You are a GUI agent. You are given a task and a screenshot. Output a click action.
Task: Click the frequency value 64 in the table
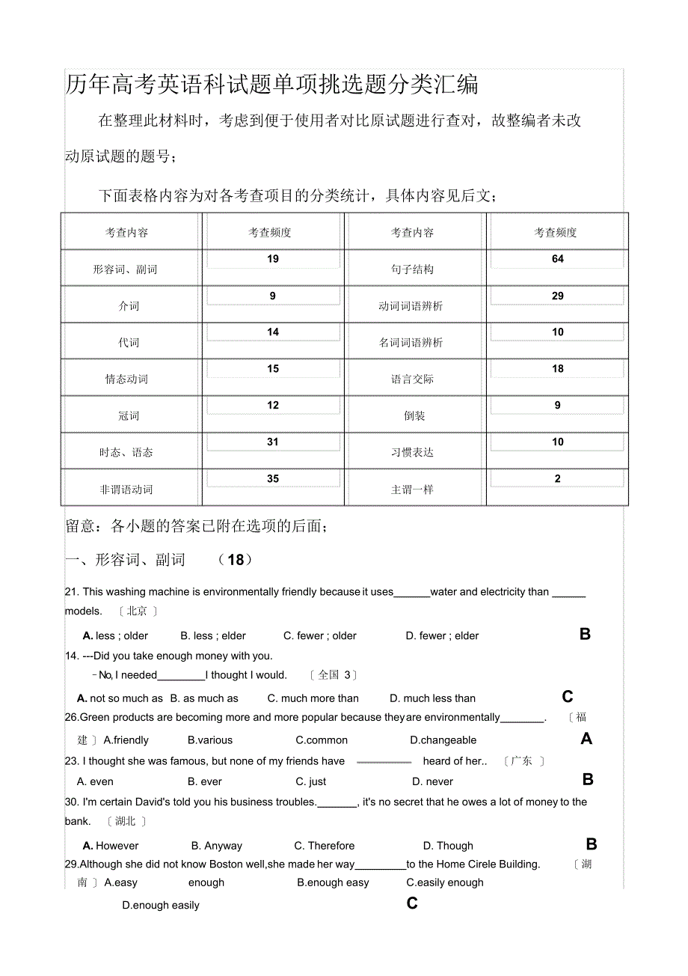(x=557, y=259)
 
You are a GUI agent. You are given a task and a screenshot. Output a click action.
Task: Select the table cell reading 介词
(x=129, y=306)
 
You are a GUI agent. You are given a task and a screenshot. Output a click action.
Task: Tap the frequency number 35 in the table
(x=273, y=479)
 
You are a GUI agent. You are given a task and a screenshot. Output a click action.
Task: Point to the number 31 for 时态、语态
(x=273, y=442)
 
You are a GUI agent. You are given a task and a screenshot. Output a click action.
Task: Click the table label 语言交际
(x=412, y=379)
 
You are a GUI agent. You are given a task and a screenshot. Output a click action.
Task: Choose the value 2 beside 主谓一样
(x=557, y=479)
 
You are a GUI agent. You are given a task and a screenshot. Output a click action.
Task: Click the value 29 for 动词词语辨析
(x=557, y=296)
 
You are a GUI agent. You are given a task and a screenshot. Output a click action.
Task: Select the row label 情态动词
(x=126, y=379)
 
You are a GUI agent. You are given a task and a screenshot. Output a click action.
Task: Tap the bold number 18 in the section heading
(x=236, y=560)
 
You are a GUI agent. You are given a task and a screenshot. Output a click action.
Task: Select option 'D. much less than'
(x=432, y=699)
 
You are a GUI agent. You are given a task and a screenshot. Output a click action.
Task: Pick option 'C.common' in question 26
(x=322, y=741)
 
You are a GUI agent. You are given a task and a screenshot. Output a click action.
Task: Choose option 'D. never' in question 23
(x=432, y=782)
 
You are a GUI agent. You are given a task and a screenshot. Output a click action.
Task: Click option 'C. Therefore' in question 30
(x=324, y=847)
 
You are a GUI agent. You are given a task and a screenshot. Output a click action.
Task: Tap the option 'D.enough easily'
(x=161, y=906)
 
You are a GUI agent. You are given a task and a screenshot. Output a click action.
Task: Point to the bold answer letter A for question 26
(x=586, y=739)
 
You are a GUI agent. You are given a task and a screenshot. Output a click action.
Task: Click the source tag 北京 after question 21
(x=137, y=611)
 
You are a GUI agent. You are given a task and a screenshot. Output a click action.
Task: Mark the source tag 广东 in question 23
(x=521, y=761)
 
